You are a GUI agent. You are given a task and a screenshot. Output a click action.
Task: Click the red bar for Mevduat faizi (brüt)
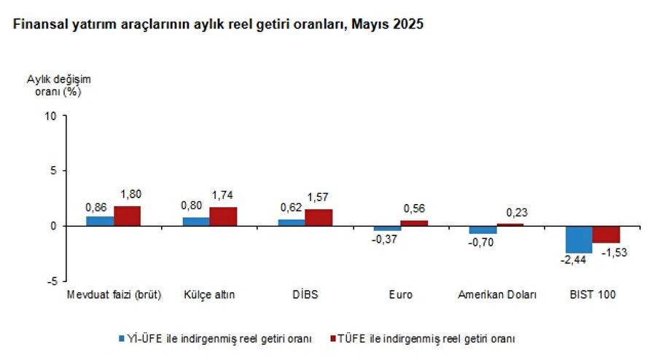[127, 216]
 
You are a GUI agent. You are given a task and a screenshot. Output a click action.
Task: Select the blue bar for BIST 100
[579, 239]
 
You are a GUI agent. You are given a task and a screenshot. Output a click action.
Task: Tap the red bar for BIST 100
[606, 234]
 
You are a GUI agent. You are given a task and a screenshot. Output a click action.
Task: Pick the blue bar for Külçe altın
[195, 222]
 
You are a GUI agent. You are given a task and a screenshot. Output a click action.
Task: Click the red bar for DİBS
[318, 217]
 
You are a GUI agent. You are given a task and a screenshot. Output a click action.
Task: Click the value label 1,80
[130, 195]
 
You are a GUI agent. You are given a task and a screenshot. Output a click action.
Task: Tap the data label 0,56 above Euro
[414, 208]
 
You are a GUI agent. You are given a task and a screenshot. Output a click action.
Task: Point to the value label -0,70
[483, 243]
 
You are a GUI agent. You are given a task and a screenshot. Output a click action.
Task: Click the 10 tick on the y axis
[50, 115]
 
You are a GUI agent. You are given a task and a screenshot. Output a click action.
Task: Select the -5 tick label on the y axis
[52, 281]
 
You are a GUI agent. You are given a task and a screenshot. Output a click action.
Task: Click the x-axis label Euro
[400, 295]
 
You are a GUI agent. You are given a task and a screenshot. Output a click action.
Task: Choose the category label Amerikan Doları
[497, 295]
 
